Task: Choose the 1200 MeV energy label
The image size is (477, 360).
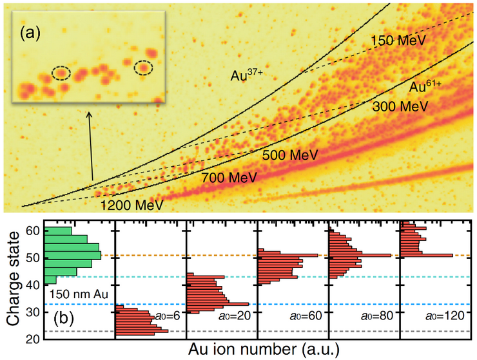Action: click(x=132, y=206)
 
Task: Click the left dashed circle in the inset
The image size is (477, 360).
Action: click(x=61, y=72)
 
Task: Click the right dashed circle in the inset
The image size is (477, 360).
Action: click(x=144, y=66)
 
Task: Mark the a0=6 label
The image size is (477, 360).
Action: click(x=166, y=317)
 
